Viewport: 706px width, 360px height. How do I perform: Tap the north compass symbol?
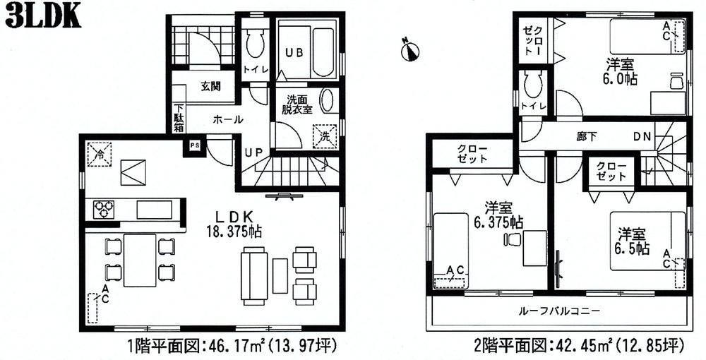410,50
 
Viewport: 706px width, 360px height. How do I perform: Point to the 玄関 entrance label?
210,87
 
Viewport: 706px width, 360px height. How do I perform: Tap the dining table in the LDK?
139,259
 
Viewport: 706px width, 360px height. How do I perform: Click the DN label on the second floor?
641,136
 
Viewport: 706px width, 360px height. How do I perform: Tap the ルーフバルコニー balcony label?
559,311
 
